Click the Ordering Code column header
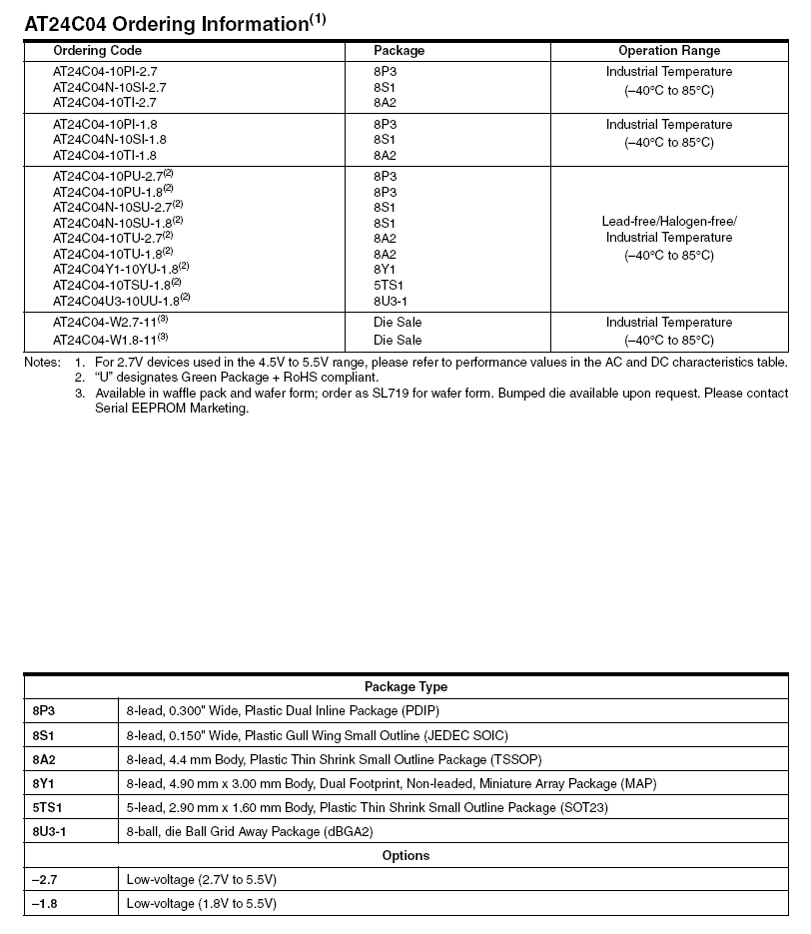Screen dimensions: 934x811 click(x=91, y=51)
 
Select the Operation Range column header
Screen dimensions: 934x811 click(x=668, y=51)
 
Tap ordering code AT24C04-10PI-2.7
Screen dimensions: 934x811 click(x=105, y=72)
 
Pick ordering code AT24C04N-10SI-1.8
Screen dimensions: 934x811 click(x=110, y=140)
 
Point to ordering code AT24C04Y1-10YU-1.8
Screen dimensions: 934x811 click(x=121, y=269)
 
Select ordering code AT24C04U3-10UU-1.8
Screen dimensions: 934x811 click(x=121, y=301)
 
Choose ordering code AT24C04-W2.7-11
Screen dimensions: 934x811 click(x=108, y=323)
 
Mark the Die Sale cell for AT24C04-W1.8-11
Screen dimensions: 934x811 click(x=398, y=341)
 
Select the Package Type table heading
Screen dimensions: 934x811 click(x=405, y=687)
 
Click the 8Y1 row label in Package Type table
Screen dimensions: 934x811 click(x=43, y=783)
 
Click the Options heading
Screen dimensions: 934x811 click(x=405, y=856)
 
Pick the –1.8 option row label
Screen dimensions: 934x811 click(x=46, y=903)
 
